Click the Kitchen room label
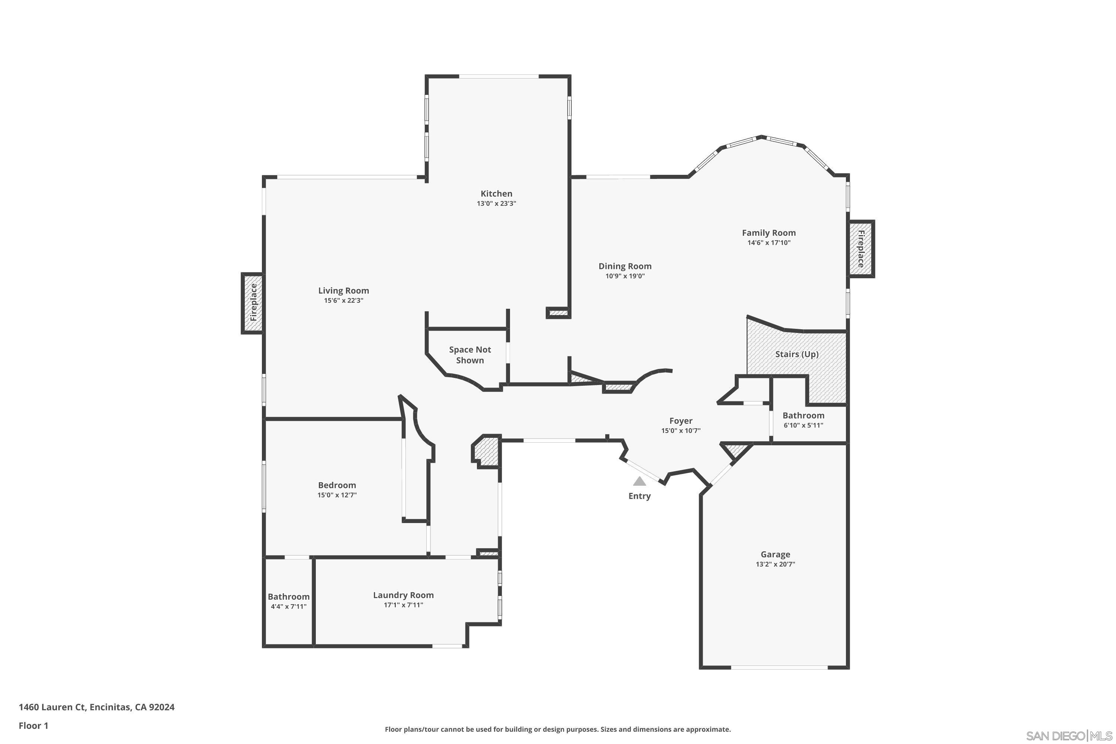[496, 193]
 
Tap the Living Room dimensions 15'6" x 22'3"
[343, 300]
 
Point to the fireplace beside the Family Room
[861, 248]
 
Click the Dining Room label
[625, 266]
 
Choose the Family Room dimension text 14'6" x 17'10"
[769, 243]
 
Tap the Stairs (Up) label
[797, 355]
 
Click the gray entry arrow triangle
[639, 481]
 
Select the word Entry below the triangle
[639, 496]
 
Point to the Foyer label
[681, 421]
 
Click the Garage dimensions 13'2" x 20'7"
[775, 564]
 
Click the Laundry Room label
[403, 595]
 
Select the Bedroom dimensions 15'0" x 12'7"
[337, 495]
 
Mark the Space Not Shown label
[470, 355]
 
